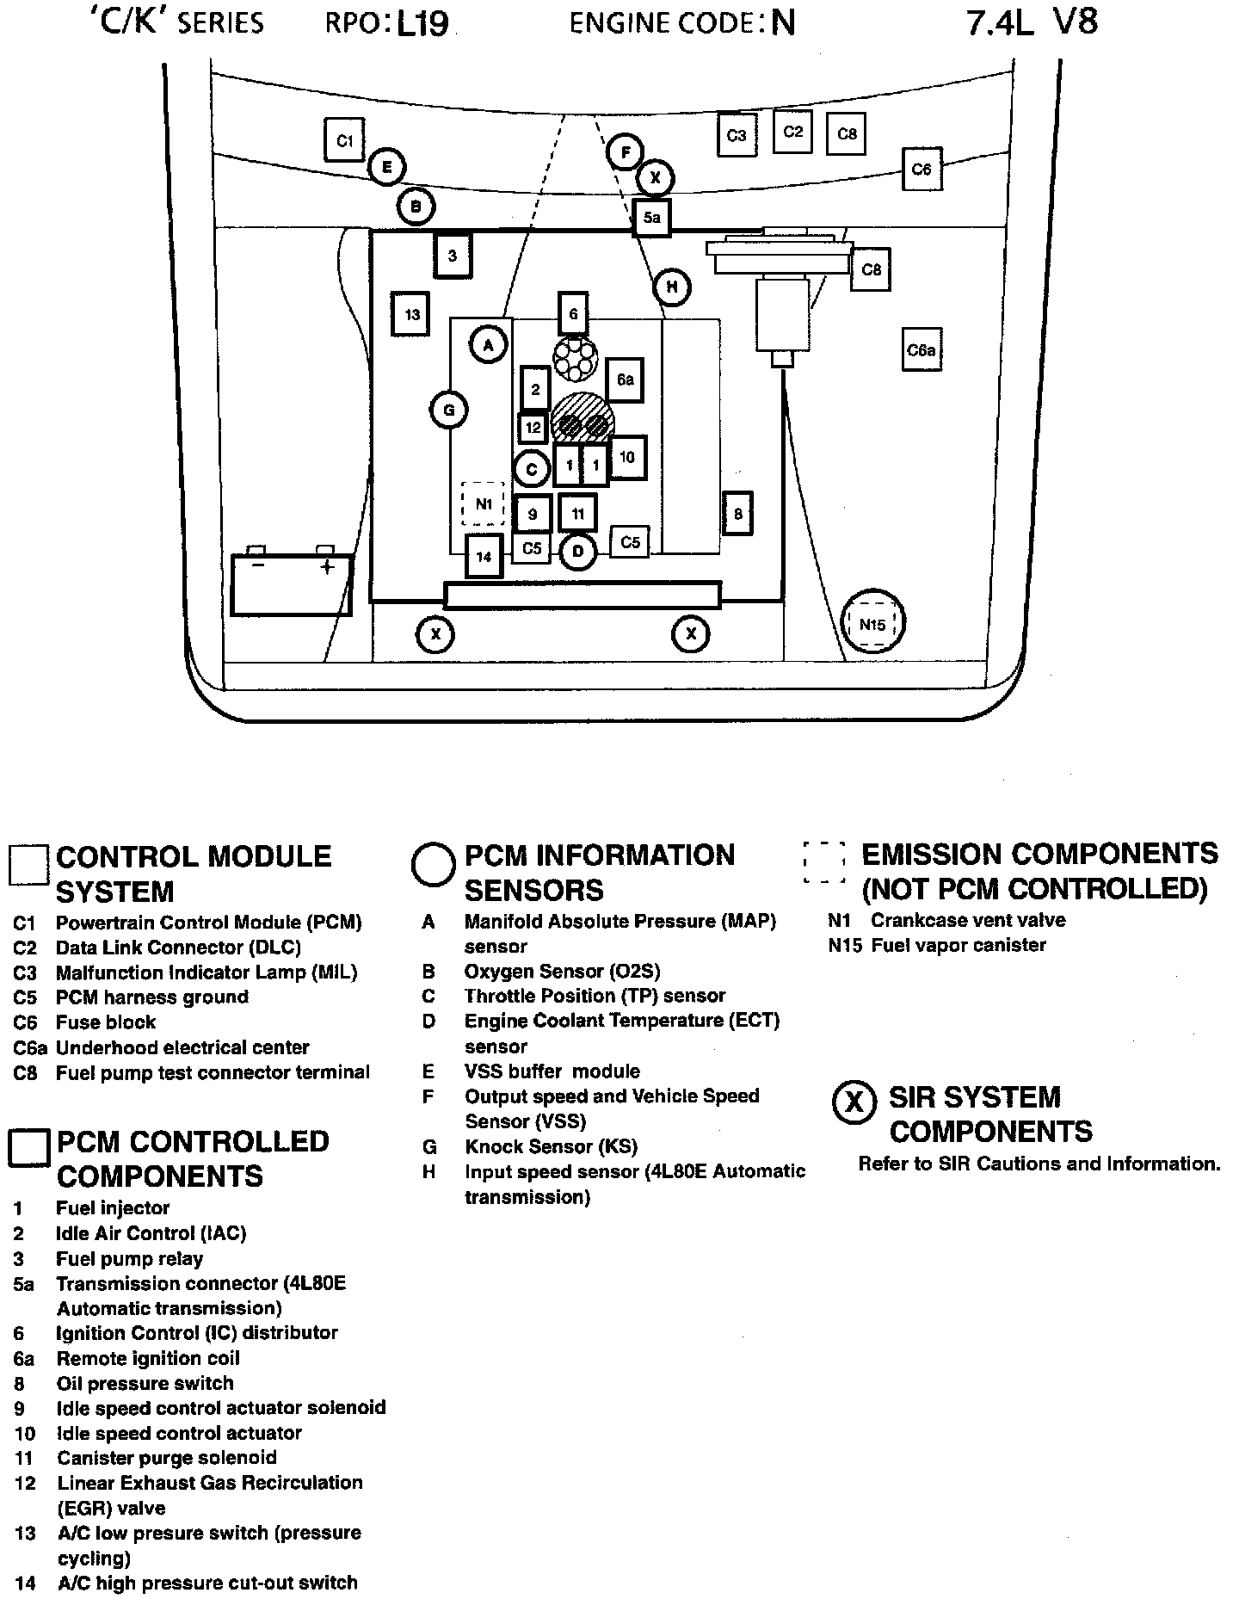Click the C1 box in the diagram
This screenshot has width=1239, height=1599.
pyautogui.click(x=344, y=139)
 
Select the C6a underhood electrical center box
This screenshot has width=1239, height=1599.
pyautogui.click(x=921, y=350)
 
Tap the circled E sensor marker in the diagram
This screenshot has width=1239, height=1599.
pyautogui.click(x=387, y=166)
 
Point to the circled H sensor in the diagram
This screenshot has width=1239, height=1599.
pyautogui.click(x=672, y=287)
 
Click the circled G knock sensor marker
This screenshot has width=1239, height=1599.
pyautogui.click(x=448, y=411)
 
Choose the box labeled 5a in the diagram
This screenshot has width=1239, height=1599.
pyautogui.click(x=651, y=218)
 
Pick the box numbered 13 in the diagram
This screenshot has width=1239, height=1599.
pyautogui.click(x=412, y=314)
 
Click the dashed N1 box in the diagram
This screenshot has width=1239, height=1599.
pyautogui.click(x=484, y=504)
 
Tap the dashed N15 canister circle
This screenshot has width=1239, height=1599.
pyautogui.click(x=872, y=624)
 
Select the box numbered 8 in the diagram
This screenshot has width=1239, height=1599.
pyautogui.click(x=738, y=514)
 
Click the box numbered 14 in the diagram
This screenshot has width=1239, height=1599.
pyautogui.click(x=484, y=557)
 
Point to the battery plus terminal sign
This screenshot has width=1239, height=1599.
pyautogui.click(x=327, y=567)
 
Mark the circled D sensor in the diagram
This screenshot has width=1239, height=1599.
pyautogui.click(x=578, y=552)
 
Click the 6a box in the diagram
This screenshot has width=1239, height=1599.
pyautogui.click(x=626, y=380)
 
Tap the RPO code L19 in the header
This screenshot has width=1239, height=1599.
pyautogui.click(x=422, y=23)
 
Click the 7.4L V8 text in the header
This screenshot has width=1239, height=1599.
pyautogui.click(x=1032, y=22)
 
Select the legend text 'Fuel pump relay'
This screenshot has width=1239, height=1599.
pyautogui.click(x=129, y=1258)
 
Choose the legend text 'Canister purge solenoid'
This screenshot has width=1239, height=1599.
pyautogui.click(x=167, y=1457)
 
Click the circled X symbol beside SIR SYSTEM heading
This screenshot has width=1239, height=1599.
pyautogui.click(x=854, y=1102)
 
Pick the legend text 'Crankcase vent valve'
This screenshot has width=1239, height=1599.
pyautogui.click(x=968, y=920)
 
